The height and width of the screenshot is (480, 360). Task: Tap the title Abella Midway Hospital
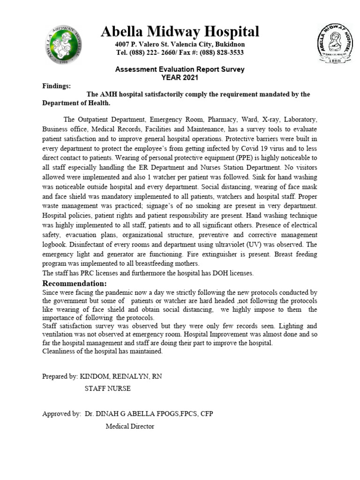[180, 32]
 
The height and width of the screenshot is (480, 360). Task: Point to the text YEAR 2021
[180, 77]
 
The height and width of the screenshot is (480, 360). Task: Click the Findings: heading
[57, 86]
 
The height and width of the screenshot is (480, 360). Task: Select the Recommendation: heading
[75, 284]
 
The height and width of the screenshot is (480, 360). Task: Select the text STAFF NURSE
[107, 389]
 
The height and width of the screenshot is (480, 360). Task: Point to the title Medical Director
[130, 426]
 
